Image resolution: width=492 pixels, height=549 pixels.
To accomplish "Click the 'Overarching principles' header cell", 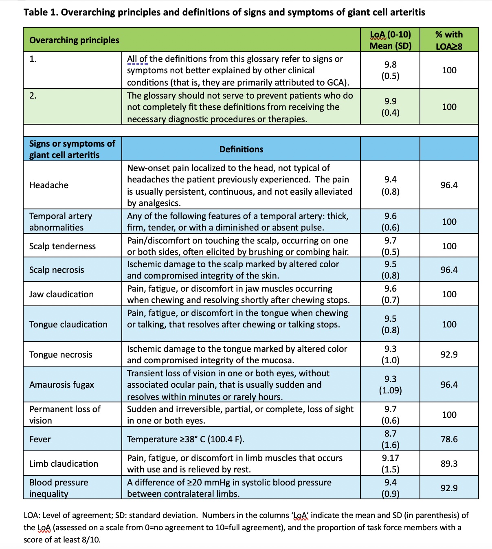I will click(x=74, y=40).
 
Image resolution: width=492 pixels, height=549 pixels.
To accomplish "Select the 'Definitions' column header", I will click(x=241, y=149).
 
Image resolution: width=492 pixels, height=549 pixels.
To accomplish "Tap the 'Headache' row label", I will click(x=49, y=185).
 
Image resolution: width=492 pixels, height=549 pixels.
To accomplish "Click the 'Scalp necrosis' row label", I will click(x=57, y=270).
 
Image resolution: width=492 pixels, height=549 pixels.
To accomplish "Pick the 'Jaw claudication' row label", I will click(x=62, y=294).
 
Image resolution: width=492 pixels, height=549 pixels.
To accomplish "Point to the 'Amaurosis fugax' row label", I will click(x=62, y=384).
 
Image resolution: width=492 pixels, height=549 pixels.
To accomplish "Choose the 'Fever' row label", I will click(x=40, y=439).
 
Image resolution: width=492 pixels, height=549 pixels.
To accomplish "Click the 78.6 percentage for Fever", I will click(x=449, y=439).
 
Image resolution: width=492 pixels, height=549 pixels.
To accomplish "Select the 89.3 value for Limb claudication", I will click(x=449, y=463).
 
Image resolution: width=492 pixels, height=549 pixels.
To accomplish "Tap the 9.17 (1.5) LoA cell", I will click(x=390, y=463).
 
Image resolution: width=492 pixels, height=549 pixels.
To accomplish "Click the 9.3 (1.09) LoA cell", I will click(x=390, y=384).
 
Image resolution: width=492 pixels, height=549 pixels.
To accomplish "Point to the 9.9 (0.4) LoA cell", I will click(x=390, y=107).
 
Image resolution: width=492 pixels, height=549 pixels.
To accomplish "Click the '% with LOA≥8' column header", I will click(x=449, y=40).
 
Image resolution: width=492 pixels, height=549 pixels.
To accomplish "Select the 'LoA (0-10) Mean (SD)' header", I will click(x=390, y=40).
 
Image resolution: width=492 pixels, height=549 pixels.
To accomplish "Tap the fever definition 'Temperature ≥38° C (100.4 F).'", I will click(x=185, y=439).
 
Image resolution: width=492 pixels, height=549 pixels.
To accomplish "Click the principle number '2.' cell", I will click(x=33, y=96).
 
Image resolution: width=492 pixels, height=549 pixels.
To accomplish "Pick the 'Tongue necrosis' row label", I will click(x=61, y=354).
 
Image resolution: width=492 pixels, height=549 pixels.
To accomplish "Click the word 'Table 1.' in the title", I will click(x=41, y=12).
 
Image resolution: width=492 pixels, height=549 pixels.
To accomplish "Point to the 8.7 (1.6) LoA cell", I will click(x=390, y=439).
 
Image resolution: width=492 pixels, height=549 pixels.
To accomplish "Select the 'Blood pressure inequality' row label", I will click(x=59, y=488).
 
